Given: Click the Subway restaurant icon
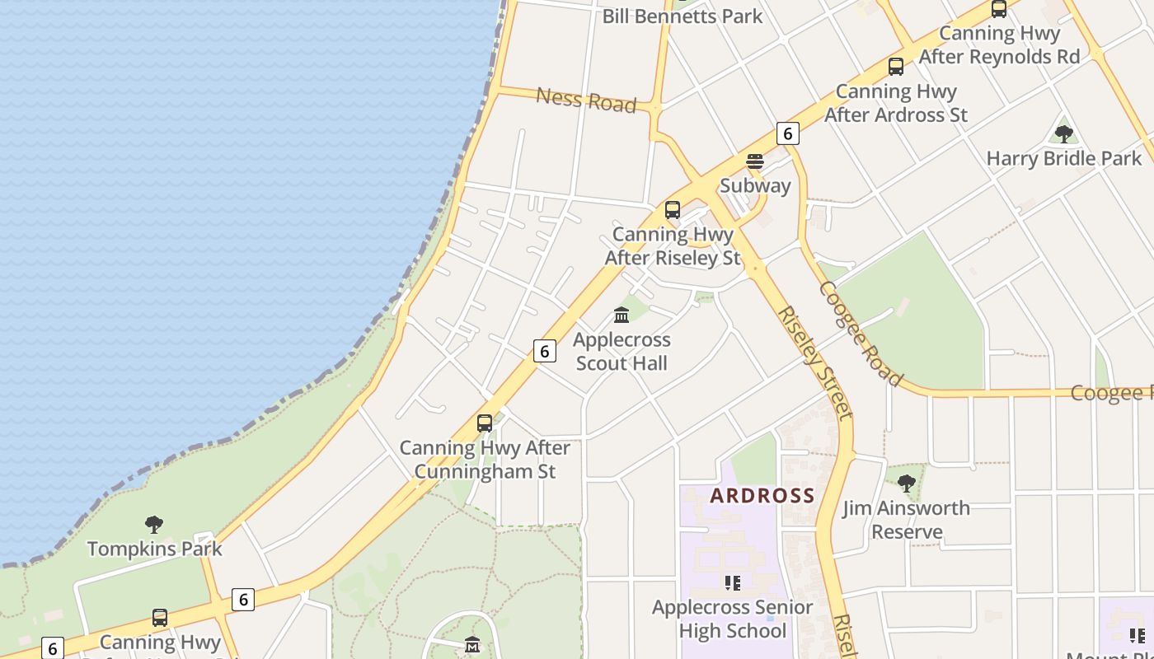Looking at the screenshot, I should click(755, 161).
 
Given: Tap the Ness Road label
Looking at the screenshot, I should click(586, 100).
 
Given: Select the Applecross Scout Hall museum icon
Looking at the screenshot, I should click(622, 315).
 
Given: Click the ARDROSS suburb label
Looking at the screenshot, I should click(762, 496).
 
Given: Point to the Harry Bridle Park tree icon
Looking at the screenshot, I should click(1063, 133).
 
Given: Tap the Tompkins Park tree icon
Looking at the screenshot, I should click(154, 524).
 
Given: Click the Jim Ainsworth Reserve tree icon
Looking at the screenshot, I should click(906, 484).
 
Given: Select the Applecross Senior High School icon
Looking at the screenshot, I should click(733, 583).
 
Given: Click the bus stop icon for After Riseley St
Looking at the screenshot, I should click(673, 210).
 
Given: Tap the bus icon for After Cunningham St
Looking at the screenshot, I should click(485, 423).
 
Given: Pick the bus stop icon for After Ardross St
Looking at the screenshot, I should click(896, 67).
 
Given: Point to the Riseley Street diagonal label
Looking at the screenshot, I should click(814, 362).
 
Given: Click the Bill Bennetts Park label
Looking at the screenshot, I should click(683, 16).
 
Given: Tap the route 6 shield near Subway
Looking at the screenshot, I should click(788, 133).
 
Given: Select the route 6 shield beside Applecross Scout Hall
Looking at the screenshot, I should click(544, 351).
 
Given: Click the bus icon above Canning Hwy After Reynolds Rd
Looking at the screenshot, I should click(999, 9).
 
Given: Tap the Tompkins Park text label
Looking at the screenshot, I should click(155, 549).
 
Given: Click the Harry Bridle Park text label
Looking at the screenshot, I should click(1063, 158).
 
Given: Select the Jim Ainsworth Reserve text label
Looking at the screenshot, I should click(907, 520).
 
